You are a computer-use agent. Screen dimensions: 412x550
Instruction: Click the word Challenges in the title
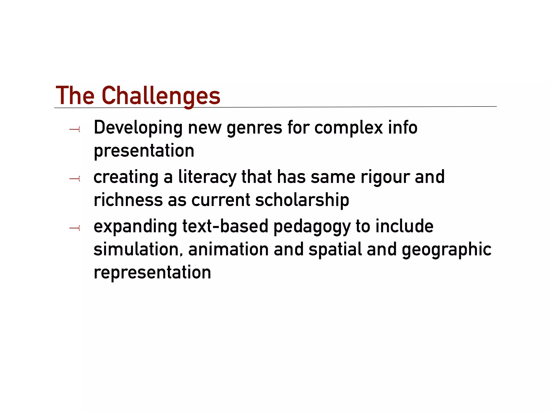pyautogui.click(x=161, y=96)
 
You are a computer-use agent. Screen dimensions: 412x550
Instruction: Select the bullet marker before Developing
pyautogui.click(x=75, y=130)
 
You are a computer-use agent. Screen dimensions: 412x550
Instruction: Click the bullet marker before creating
pyautogui.click(x=75, y=179)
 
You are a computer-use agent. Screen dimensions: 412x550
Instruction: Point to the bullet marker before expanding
pyautogui.click(x=75, y=228)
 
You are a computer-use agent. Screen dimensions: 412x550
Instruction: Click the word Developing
pyautogui.click(x=138, y=128)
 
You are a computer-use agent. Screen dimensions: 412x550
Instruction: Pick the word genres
pyautogui.click(x=254, y=128)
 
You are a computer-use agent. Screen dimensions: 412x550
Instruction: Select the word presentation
pyautogui.click(x=144, y=151)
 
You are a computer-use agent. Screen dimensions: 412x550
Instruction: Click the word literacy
pyautogui.click(x=207, y=178)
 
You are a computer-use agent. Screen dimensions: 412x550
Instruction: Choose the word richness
pyautogui.click(x=128, y=200)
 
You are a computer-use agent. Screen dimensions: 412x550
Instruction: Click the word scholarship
pyautogui.click(x=302, y=200)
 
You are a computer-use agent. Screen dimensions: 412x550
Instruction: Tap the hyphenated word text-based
pyautogui.click(x=225, y=226)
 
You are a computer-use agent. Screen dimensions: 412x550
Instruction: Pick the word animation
pyautogui.click(x=228, y=249)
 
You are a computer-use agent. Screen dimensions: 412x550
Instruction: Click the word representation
pyautogui.click(x=152, y=273)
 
